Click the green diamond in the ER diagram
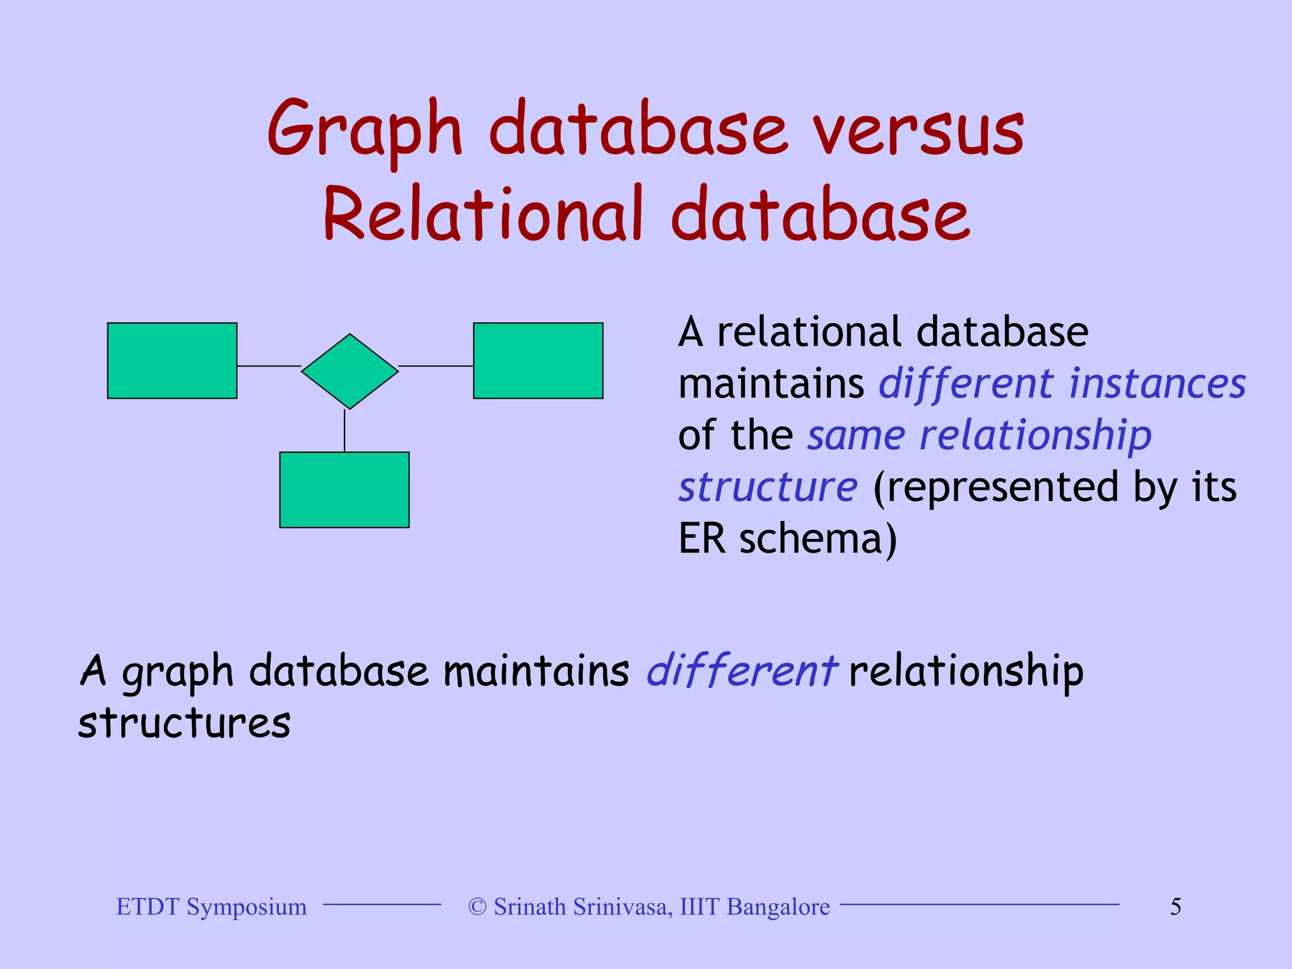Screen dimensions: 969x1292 click(349, 371)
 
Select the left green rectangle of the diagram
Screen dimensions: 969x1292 click(172, 361)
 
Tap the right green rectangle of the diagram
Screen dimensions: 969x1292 click(538, 361)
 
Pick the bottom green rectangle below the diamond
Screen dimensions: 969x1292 click(344, 490)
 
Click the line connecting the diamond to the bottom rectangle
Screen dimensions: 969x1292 click(344, 432)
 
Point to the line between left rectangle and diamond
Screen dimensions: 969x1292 click(269, 365)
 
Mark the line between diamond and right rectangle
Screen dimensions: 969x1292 click(435, 365)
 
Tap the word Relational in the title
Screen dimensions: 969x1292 click(483, 214)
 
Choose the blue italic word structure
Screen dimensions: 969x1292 click(768, 487)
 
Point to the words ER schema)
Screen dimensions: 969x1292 click(787, 539)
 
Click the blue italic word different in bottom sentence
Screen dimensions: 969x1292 click(741, 670)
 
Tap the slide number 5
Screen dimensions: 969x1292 click(1175, 907)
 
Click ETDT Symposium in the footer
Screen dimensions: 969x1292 click(211, 907)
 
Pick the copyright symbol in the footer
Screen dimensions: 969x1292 click(478, 907)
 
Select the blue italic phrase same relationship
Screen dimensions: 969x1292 click(979, 435)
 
